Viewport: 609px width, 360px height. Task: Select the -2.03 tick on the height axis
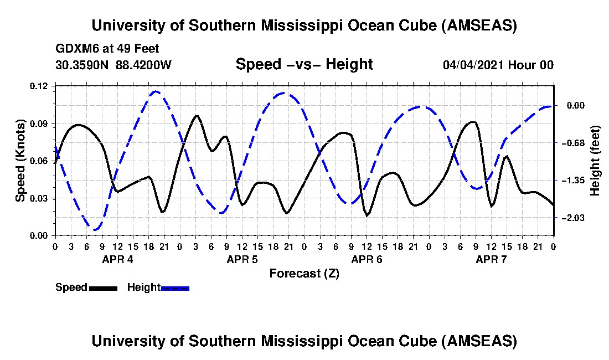[572, 218]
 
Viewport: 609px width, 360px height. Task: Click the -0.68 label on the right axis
[572, 143]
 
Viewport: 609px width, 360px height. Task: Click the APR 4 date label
[117, 259]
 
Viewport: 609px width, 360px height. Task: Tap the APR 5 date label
[241, 259]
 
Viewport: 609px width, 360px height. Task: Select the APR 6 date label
[367, 259]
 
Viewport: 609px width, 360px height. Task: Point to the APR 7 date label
[491, 259]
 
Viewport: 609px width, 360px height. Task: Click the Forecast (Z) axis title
[304, 274]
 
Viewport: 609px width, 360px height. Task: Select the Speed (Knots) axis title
[20, 161]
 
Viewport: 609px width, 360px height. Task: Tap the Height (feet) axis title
[596, 161]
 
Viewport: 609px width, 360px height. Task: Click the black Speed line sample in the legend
[103, 288]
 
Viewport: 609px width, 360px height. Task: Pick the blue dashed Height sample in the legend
[176, 288]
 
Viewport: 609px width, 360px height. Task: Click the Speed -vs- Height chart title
[304, 64]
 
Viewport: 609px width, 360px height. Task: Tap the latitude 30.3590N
[83, 65]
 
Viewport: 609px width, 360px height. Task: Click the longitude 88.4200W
[143, 65]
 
